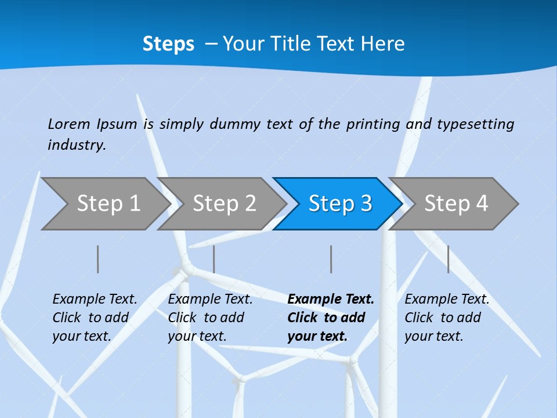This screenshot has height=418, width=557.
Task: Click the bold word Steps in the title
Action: click(168, 44)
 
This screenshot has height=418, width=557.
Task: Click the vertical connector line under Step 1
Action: click(98, 259)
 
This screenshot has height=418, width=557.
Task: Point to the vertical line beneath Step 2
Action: click(214, 259)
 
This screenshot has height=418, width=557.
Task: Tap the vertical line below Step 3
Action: click(331, 259)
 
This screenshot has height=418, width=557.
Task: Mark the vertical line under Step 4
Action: click(449, 259)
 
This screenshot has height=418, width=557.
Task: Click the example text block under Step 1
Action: click(95, 318)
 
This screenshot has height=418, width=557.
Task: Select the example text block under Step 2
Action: click(210, 318)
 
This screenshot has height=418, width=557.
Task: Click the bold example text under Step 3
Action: click(331, 318)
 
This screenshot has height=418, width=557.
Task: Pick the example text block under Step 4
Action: click(447, 318)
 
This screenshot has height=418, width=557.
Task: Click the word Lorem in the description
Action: click(69, 124)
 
